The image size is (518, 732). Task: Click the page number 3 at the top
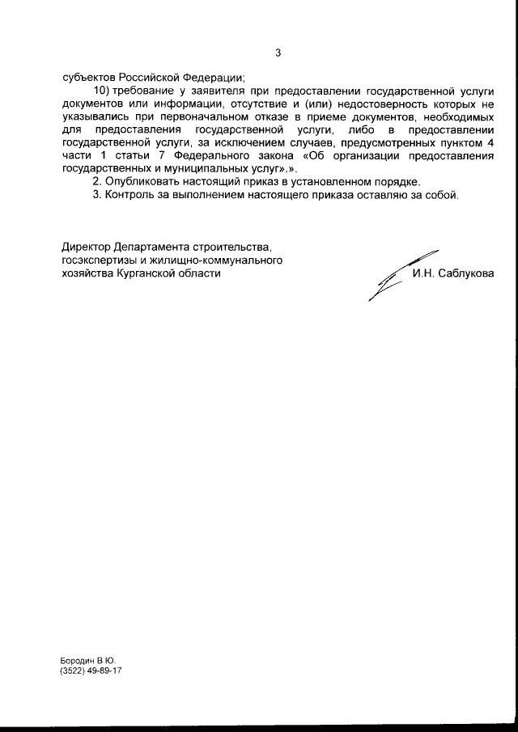coord(278,53)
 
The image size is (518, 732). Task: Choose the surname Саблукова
coord(468,273)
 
